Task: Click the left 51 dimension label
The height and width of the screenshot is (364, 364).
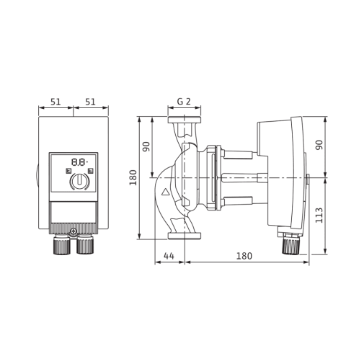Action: [56, 102]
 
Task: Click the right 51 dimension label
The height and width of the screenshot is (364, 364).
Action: [90, 102]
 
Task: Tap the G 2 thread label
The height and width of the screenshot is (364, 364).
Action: [184, 102]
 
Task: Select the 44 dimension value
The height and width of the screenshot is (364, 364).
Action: [169, 256]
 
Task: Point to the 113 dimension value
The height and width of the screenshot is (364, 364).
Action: [319, 216]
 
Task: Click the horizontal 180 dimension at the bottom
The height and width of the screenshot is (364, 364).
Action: [244, 256]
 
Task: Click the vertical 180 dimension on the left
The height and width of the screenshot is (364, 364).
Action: [133, 177]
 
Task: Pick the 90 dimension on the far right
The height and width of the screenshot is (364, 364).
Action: [319, 145]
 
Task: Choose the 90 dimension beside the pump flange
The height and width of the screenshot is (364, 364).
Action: [146, 146]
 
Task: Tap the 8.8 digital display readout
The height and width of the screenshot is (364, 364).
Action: [79, 162]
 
